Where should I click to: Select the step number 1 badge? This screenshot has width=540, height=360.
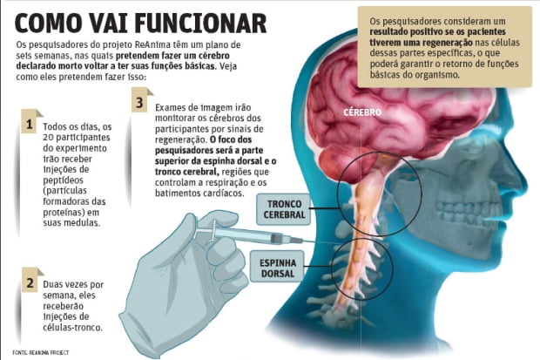(x=30, y=126)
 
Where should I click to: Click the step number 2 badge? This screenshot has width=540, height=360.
(x=30, y=284)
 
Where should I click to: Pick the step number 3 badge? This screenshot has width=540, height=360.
(x=139, y=103)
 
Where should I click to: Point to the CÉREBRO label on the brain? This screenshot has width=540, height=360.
(x=362, y=113)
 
